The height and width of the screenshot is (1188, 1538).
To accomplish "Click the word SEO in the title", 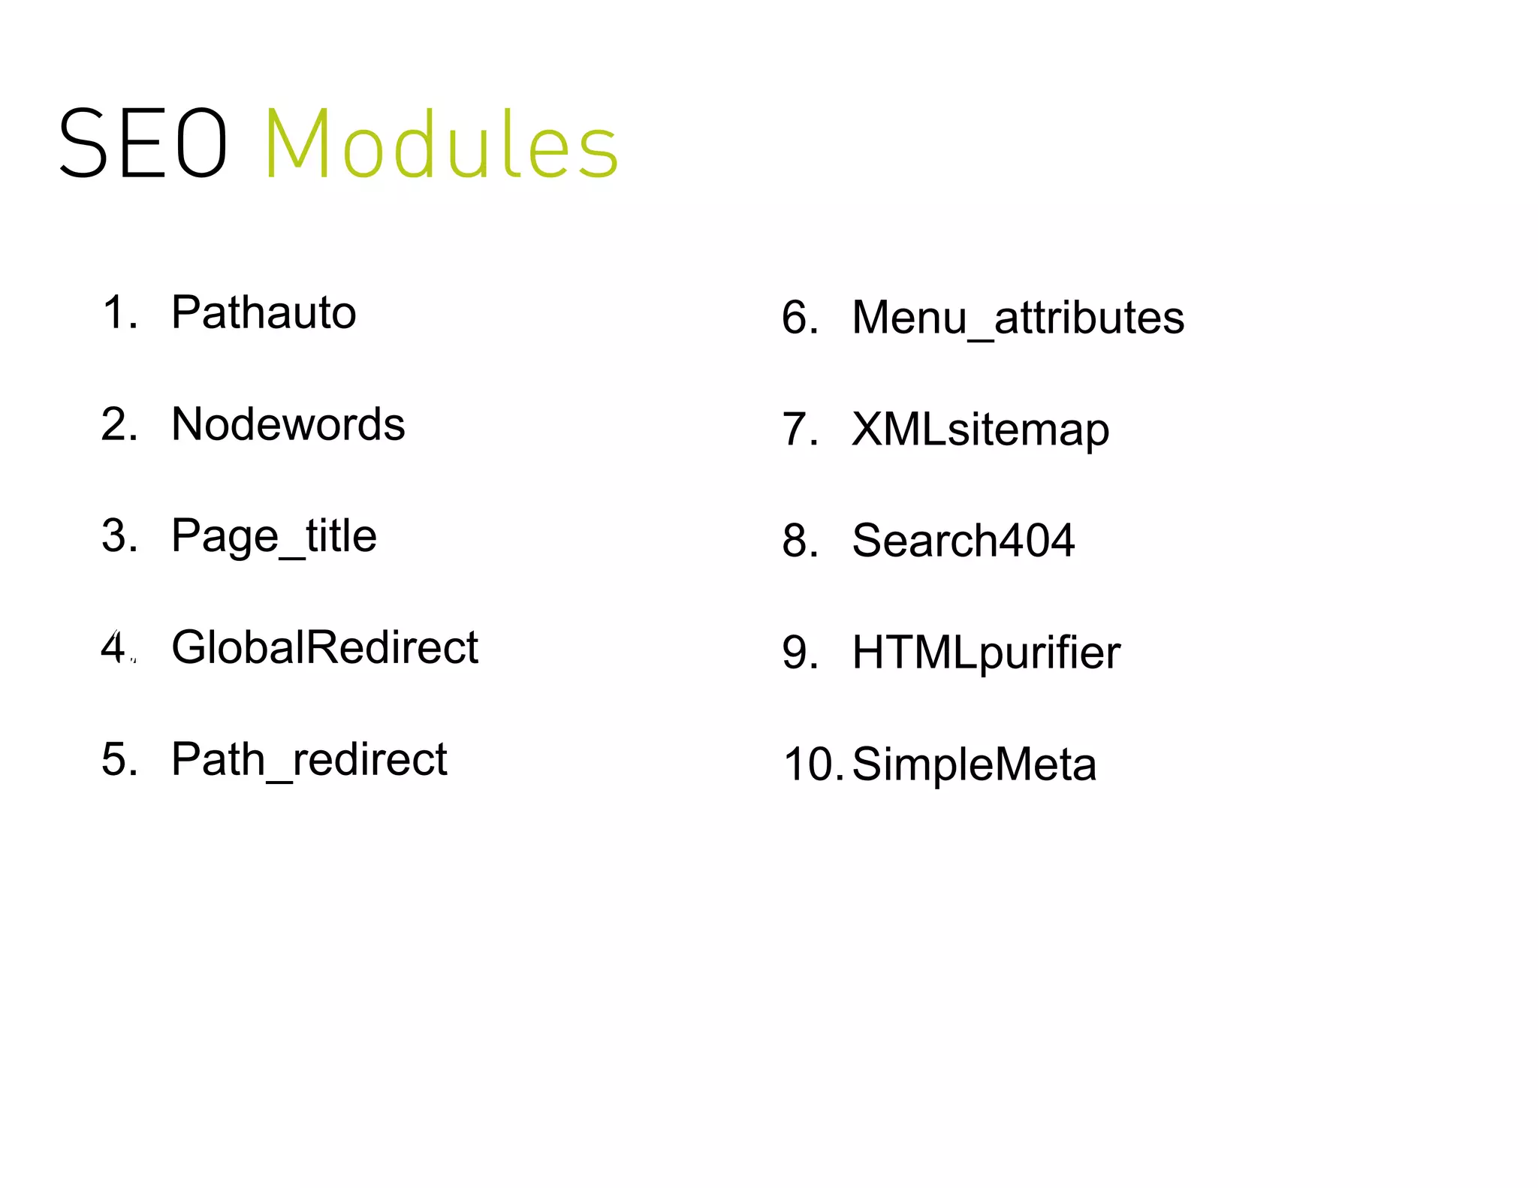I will [143, 143].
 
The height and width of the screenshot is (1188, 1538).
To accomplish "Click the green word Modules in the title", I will [442, 143].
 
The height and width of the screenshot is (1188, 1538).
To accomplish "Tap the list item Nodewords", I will [288, 424].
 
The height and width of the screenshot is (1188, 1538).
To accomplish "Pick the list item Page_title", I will [273, 536].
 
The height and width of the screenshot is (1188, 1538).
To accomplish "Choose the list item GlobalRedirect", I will [324, 647].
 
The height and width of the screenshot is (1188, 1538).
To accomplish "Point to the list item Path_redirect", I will [309, 759].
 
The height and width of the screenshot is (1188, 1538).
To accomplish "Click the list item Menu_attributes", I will [1018, 318].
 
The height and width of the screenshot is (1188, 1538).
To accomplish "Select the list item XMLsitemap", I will [980, 430].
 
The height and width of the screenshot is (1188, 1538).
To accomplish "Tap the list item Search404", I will [963, 541].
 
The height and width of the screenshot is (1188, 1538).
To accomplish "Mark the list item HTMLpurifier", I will [985, 652].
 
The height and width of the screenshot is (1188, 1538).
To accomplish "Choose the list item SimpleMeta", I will [974, 764].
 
